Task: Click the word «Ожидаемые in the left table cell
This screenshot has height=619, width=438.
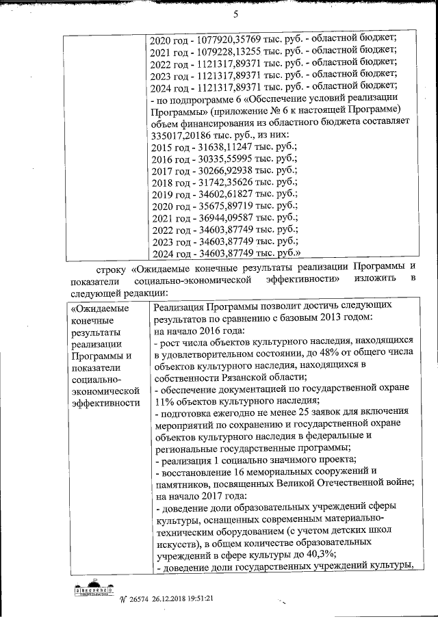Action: point(96,309)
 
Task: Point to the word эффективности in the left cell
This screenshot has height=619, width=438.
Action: point(101,402)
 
